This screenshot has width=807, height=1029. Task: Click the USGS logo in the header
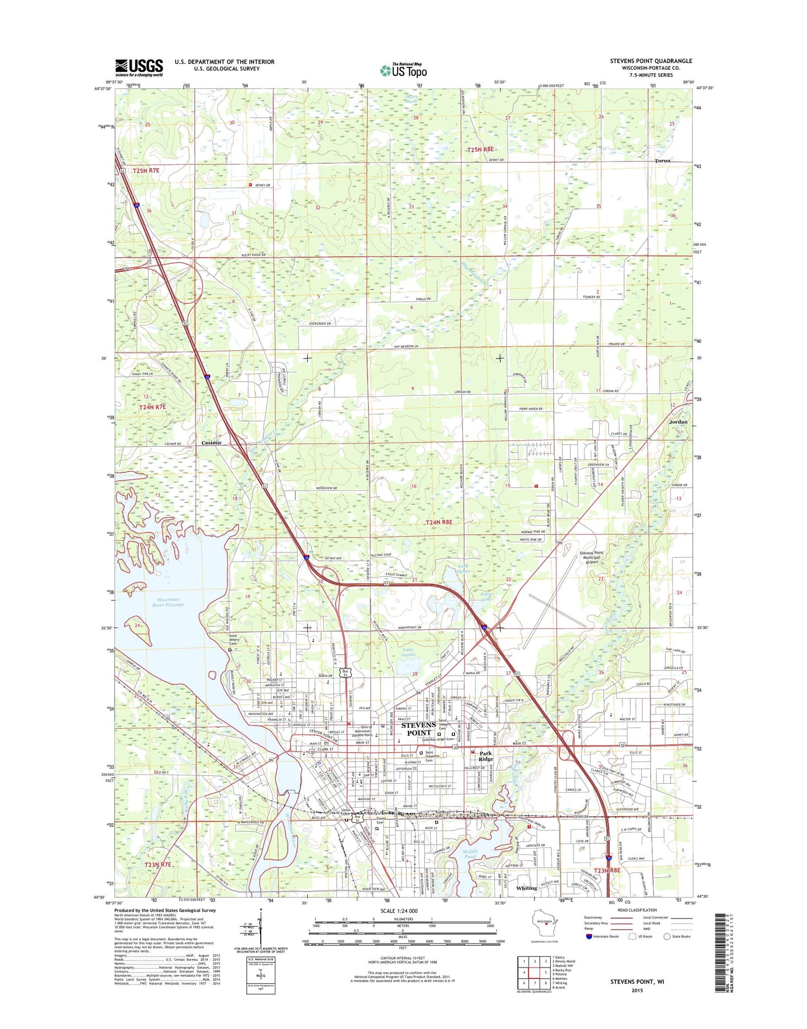click(139, 68)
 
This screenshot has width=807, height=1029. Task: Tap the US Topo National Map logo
click(403, 70)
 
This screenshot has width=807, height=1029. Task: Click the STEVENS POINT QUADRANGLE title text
click(651, 61)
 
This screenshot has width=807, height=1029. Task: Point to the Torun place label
click(662, 160)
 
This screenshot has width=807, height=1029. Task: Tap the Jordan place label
click(678, 422)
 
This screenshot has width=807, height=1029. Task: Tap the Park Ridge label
click(485, 755)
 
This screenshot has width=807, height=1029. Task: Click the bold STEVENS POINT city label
click(419, 729)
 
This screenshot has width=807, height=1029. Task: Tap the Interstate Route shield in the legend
click(589, 952)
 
